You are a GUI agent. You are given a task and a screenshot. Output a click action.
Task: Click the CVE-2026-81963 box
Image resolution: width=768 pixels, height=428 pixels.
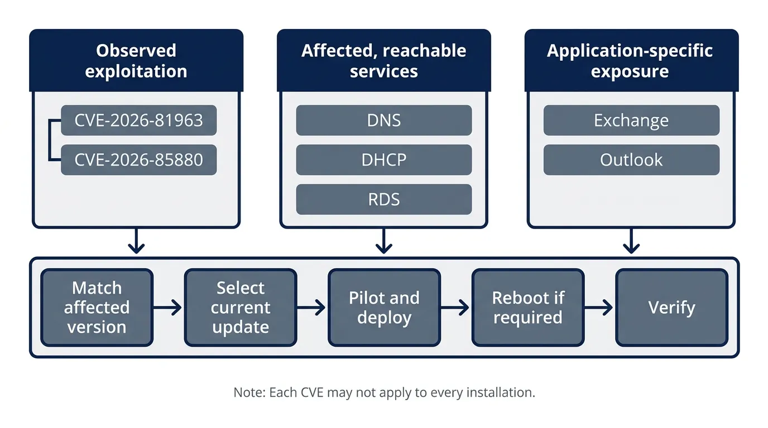[138, 120]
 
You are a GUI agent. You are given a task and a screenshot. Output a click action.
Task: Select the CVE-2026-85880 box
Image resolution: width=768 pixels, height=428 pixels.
[138, 160]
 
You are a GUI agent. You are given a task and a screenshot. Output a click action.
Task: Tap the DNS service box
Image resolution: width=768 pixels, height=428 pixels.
[383, 120]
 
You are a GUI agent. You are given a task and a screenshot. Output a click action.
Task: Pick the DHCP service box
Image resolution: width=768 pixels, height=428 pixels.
[383, 160]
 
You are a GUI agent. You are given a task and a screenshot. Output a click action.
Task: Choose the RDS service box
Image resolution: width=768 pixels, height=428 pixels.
[383, 200]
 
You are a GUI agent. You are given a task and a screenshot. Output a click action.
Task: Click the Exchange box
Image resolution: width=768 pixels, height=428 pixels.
[631, 120]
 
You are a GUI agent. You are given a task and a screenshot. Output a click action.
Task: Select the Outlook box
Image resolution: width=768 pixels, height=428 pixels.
[631, 160]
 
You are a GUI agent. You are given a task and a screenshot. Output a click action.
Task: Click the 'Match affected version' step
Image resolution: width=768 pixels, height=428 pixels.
[97, 308]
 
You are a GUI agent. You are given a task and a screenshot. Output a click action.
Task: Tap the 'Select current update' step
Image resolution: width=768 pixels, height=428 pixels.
[241, 308]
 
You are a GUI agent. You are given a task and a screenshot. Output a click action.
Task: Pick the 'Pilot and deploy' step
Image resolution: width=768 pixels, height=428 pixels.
[384, 308]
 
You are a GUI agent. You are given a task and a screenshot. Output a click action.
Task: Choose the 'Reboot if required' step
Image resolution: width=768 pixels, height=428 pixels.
[528, 308]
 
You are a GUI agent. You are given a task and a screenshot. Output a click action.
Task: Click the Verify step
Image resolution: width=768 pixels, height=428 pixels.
[671, 308]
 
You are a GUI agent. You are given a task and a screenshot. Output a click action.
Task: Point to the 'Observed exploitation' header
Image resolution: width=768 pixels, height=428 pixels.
[136, 61]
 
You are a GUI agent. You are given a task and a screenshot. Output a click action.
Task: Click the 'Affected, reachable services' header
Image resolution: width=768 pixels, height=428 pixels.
[383, 61]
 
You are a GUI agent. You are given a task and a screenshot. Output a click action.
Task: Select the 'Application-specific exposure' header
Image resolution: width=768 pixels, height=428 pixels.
[631, 61]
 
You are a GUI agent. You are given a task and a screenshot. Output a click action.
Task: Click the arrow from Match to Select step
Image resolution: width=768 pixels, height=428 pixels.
[167, 308]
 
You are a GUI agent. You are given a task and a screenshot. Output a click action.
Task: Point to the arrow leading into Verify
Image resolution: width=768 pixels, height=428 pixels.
[599, 308]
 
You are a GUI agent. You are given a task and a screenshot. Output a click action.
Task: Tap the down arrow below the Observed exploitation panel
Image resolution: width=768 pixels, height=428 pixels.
[136, 241]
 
